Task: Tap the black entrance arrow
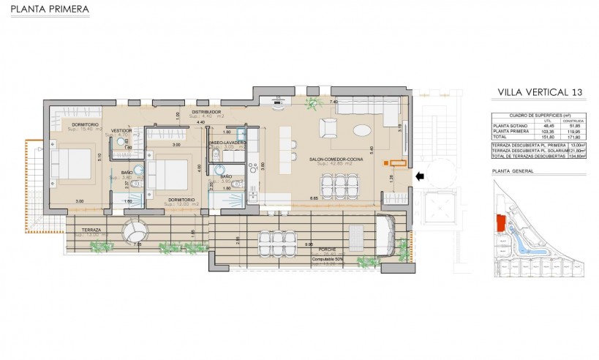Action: tap(420, 176)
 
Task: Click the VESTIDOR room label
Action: tap(122, 130)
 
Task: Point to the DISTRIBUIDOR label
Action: tap(206, 111)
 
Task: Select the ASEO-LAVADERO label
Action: tap(227, 142)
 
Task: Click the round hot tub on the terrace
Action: tap(135, 232)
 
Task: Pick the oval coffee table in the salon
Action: tap(362, 131)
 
